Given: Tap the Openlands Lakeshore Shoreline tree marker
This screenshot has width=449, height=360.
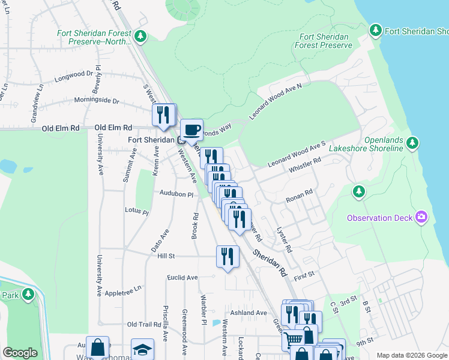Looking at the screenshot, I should [x=412, y=142].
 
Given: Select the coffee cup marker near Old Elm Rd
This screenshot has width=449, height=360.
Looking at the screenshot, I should [x=192, y=130].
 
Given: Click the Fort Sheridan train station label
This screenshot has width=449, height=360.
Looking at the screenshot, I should [x=152, y=139].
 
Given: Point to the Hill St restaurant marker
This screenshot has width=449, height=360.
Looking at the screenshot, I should [x=227, y=257].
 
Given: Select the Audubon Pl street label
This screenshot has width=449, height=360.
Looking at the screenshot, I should [x=176, y=194].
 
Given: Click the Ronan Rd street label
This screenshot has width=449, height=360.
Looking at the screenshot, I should [x=300, y=196].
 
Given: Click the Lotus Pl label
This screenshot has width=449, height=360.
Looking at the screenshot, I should [x=136, y=211].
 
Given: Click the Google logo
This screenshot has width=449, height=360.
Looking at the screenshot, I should [x=20, y=353].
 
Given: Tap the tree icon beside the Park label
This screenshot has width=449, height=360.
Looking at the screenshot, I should [x=28, y=295].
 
